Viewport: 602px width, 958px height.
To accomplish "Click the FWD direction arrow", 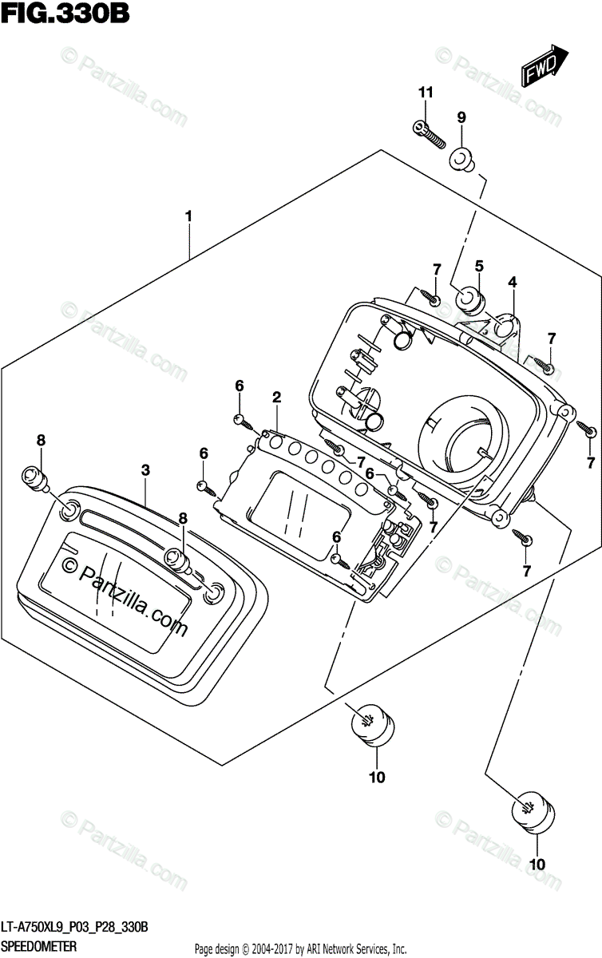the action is (x=545, y=65).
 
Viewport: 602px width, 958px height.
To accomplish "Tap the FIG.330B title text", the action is (x=65, y=14).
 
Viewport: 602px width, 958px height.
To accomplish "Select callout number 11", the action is (x=426, y=92).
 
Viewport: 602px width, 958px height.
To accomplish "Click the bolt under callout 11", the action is (x=429, y=134).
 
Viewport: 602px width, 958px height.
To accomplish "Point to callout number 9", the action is (x=461, y=117).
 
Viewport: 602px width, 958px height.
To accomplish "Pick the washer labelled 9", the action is (x=461, y=162).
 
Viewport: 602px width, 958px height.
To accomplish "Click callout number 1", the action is (x=188, y=216).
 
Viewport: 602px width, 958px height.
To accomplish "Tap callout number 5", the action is (x=479, y=266).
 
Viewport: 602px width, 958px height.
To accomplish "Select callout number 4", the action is (x=512, y=281).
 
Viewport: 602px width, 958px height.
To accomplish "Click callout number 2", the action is (x=277, y=398).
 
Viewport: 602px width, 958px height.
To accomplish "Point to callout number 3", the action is (x=145, y=470).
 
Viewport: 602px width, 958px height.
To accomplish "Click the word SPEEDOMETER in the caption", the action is (x=39, y=945).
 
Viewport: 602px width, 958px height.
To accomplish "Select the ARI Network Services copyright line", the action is (x=300, y=948).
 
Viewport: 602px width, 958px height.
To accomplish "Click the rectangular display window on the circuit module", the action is (x=299, y=517).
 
